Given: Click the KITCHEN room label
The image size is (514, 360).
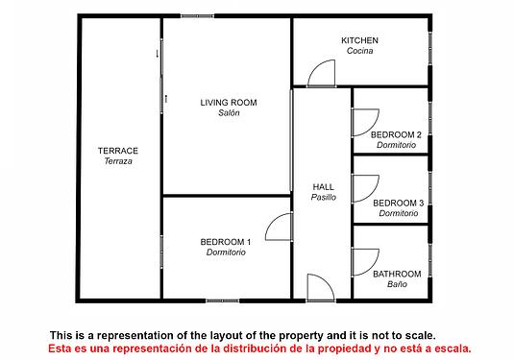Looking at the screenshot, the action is coord(359,40).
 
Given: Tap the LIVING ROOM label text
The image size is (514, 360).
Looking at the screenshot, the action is coord(229,103).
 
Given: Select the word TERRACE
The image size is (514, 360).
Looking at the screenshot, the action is coord(118,151).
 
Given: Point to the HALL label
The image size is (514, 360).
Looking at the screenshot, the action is coord(323,187).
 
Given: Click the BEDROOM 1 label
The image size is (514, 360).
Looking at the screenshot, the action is coord(226,242).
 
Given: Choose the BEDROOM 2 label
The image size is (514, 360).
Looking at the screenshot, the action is coord(396,134).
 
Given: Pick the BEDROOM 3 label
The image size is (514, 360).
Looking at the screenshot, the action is coord(399,204).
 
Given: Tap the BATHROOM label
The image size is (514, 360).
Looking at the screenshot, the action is coord(397,274).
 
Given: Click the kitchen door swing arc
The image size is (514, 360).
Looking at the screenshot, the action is coord(316,65).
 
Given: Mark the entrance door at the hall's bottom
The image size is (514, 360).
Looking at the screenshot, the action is coord(326,280).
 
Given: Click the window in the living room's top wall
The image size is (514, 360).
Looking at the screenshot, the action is coord(197,15).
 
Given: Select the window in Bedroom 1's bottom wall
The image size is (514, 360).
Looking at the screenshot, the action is coord(223,300).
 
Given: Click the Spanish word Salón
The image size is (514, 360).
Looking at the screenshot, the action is coord(229,112).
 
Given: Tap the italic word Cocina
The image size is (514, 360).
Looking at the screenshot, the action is coord(359,51).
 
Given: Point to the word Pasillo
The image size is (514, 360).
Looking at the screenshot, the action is coord(323,197).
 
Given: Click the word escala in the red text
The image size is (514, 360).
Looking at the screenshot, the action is coord(453,348).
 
